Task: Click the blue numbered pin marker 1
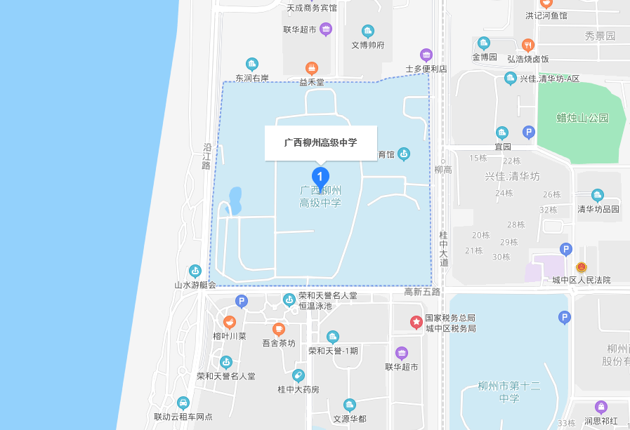coord(320,176)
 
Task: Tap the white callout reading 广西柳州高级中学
coord(320,142)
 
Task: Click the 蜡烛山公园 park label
coord(582,117)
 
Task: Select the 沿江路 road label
coord(207,156)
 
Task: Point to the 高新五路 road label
coord(422,291)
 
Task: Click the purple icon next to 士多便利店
coord(426,55)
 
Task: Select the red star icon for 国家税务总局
coord(416,322)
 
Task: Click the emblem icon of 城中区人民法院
coord(581,267)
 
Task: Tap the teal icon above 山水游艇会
coord(195,271)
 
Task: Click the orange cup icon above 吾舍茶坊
coord(279,329)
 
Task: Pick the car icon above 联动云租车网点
coord(183,403)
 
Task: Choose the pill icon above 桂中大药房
coord(298,375)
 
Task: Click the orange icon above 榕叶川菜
coord(229,322)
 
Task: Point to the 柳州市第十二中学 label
coord(509,392)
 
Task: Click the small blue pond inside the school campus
coord(235,200)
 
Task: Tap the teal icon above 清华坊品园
coord(598,195)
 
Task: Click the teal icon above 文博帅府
coord(367,31)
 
